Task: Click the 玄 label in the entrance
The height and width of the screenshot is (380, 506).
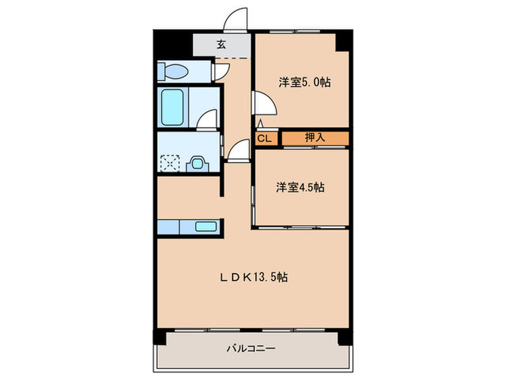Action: (221, 44)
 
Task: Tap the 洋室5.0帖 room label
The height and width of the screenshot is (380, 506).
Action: (304, 83)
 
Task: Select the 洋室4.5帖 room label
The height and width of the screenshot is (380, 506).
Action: (300, 187)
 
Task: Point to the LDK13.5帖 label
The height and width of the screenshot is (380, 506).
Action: (254, 277)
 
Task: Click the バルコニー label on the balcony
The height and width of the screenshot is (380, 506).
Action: (251, 348)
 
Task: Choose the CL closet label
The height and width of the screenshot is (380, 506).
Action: (265, 139)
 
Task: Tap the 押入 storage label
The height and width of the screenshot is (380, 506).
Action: (314, 138)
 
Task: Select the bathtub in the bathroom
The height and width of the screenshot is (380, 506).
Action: (173, 107)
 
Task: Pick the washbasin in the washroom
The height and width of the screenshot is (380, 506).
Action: (197, 164)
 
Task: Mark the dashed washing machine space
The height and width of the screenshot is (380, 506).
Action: (170, 163)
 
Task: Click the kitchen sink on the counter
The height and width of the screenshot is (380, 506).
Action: (206, 227)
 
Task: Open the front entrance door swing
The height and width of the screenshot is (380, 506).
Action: (236, 20)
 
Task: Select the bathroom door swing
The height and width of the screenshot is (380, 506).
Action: (207, 120)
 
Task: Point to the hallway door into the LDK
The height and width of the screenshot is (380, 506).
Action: (239, 150)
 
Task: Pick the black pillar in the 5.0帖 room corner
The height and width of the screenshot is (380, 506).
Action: (343, 41)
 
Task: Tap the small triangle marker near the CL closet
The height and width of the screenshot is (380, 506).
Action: (260, 124)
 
